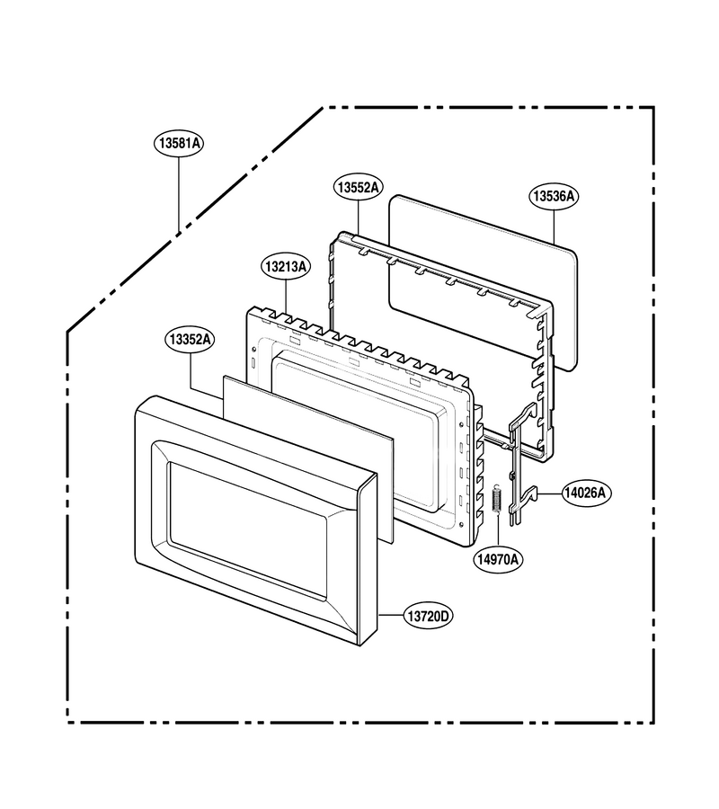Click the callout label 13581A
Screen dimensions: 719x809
point(179,144)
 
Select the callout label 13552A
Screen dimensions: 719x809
point(358,188)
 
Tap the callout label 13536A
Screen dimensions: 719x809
point(554,196)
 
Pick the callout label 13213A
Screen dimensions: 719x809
point(286,267)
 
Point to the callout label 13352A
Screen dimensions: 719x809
point(191,340)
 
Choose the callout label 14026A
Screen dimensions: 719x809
point(584,493)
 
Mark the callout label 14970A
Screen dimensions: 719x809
point(498,559)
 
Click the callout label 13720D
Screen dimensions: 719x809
point(428,616)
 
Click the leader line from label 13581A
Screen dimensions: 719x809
point(179,194)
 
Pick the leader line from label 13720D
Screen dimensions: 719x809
point(390,616)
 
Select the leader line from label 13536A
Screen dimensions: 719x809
point(554,227)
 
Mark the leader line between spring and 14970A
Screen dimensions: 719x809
point(498,530)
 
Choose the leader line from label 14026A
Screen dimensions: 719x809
point(549,493)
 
